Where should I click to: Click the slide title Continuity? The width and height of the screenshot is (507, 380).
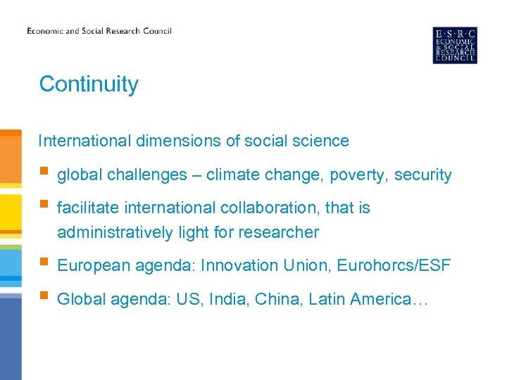(89, 84)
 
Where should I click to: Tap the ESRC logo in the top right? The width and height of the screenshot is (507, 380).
(454, 45)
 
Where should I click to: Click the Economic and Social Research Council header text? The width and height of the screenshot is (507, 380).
(99, 31)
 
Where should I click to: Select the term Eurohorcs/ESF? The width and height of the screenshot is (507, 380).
(394, 266)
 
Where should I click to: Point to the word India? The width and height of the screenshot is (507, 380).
(231, 300)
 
